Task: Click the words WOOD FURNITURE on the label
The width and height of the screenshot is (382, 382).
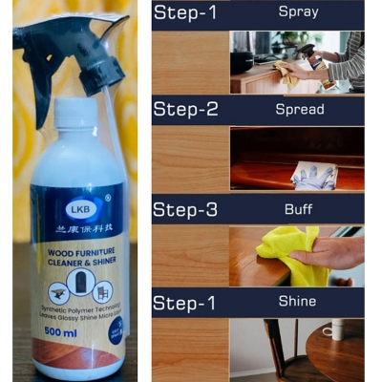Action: pyautogui.click(x=74, y=249)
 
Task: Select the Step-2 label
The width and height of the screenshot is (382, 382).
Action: pyautogui.click(x=191, y=111)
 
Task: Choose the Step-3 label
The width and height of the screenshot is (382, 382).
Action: pyautogui.click(x=191, y=208)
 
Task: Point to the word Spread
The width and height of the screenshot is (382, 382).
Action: pyautogui.click(x=298, y=110)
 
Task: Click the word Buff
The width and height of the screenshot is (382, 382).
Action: pyautogui.click(x=298, y=206)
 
